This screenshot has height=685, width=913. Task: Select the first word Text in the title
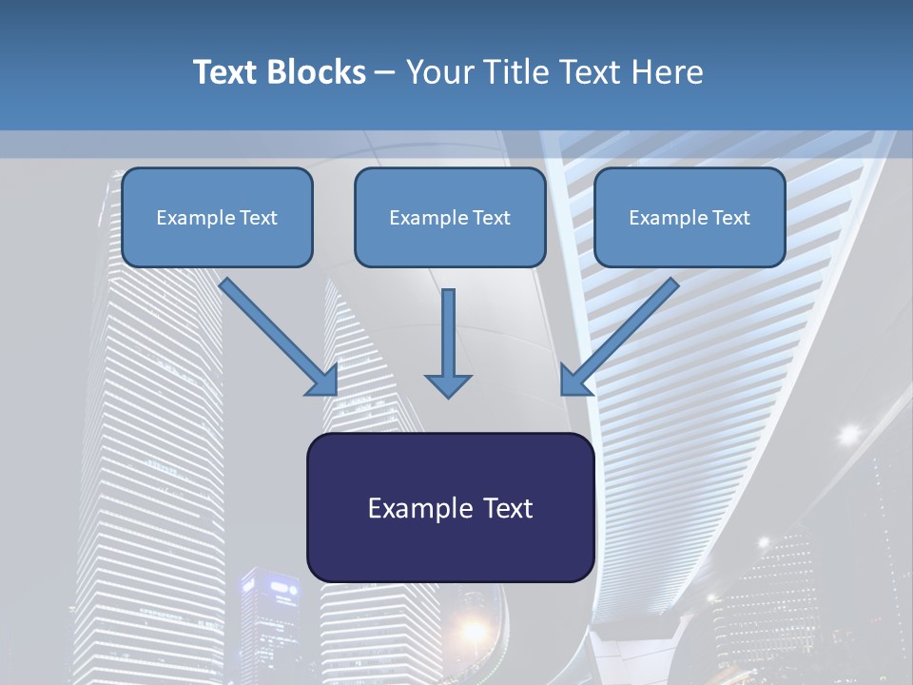[227, 72]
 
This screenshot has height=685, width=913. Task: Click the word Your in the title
[437, 72]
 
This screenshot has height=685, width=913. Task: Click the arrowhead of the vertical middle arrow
[448, 384]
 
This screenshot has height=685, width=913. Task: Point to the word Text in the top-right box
[730, 218]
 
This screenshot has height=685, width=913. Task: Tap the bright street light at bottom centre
[473, 629]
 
